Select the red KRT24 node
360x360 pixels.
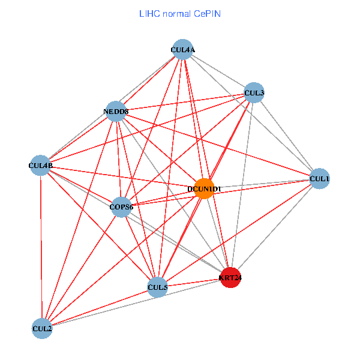coord(230,277)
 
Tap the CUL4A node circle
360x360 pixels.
coord(182,50)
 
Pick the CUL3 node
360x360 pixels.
coord(254,92)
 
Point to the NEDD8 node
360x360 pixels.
coord(116,111)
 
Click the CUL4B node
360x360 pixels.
coord(41,165)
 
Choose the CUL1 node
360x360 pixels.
coord(320,178)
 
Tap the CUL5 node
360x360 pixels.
coord(157,287)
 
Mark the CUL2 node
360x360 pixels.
coord(42,328)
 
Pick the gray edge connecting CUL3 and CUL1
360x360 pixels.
coord(287,135)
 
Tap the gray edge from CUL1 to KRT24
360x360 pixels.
coord(275,228)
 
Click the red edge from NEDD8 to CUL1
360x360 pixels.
coord(218,145)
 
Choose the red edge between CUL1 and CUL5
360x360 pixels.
coord(239,233)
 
